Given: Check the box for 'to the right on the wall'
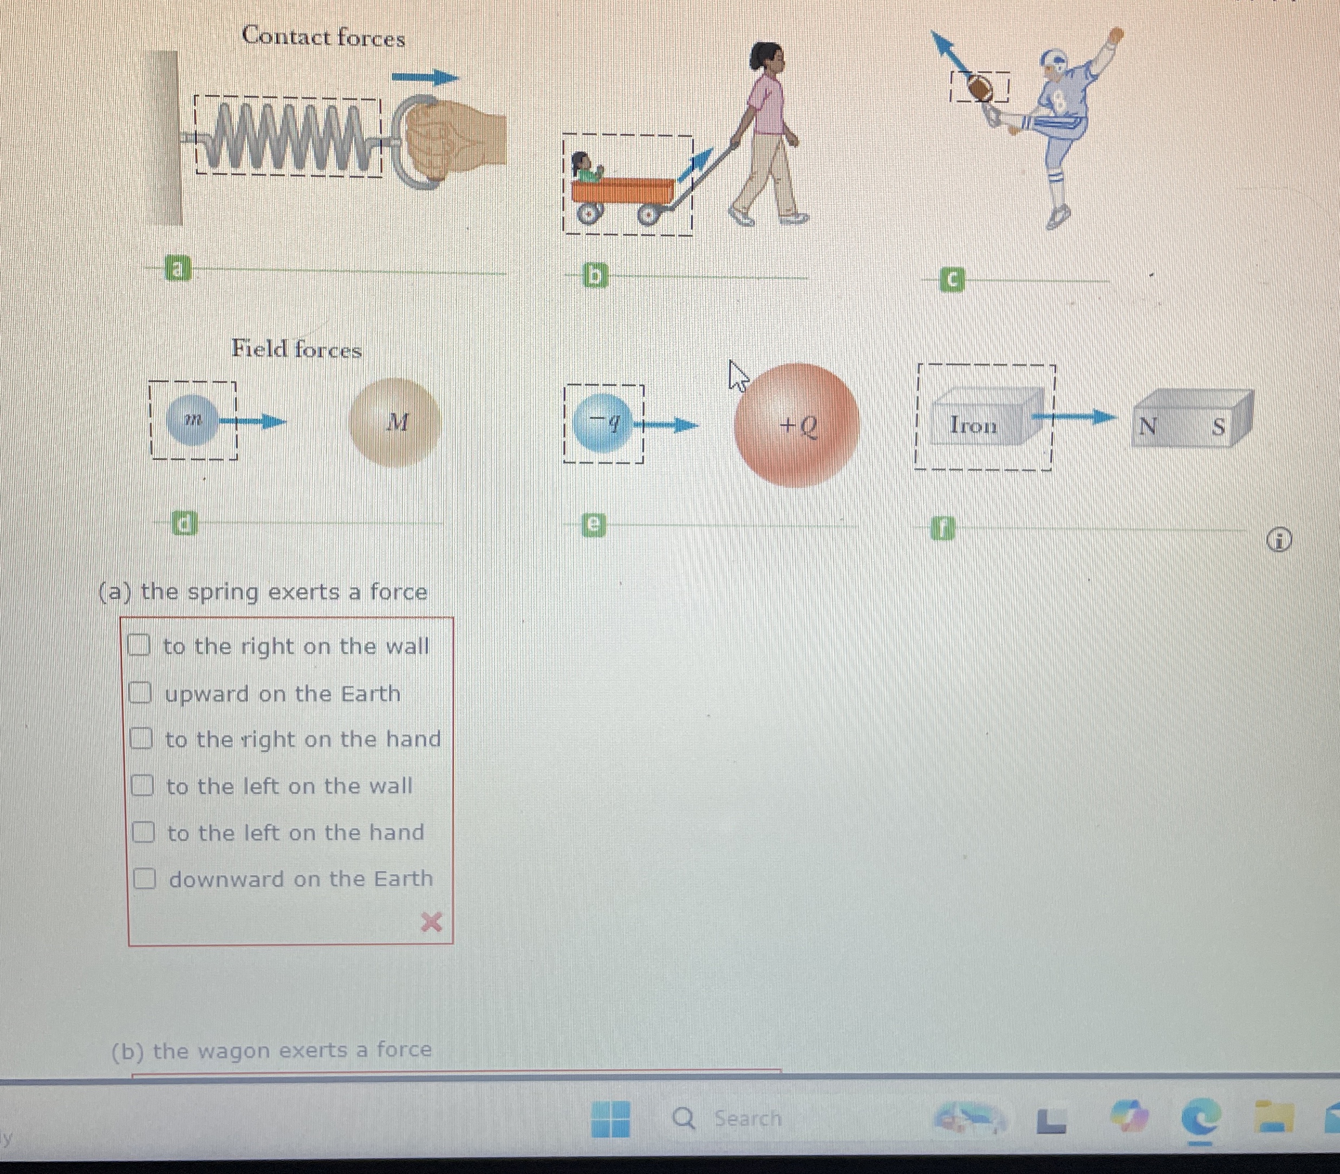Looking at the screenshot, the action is tap(138, 645).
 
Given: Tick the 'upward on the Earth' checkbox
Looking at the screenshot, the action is tap(140, 692).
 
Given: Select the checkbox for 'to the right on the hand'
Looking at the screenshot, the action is tap(140, 738).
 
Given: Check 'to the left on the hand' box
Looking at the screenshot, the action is tap(143, 832).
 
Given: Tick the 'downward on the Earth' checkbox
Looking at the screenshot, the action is tap(144, 878).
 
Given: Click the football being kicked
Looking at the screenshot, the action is tap(980, 87).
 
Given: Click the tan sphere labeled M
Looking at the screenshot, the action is tap(394, 423).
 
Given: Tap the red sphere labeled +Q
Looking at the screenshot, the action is tap(796, 425).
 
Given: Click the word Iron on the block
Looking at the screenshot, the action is tap(974, 425).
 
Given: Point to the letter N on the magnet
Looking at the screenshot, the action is tap(1147, 426).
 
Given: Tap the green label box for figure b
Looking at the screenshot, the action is tap(595, 276).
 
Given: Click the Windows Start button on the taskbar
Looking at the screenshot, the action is tap(610, 1118).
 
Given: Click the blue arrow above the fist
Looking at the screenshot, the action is tap(426, 77).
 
